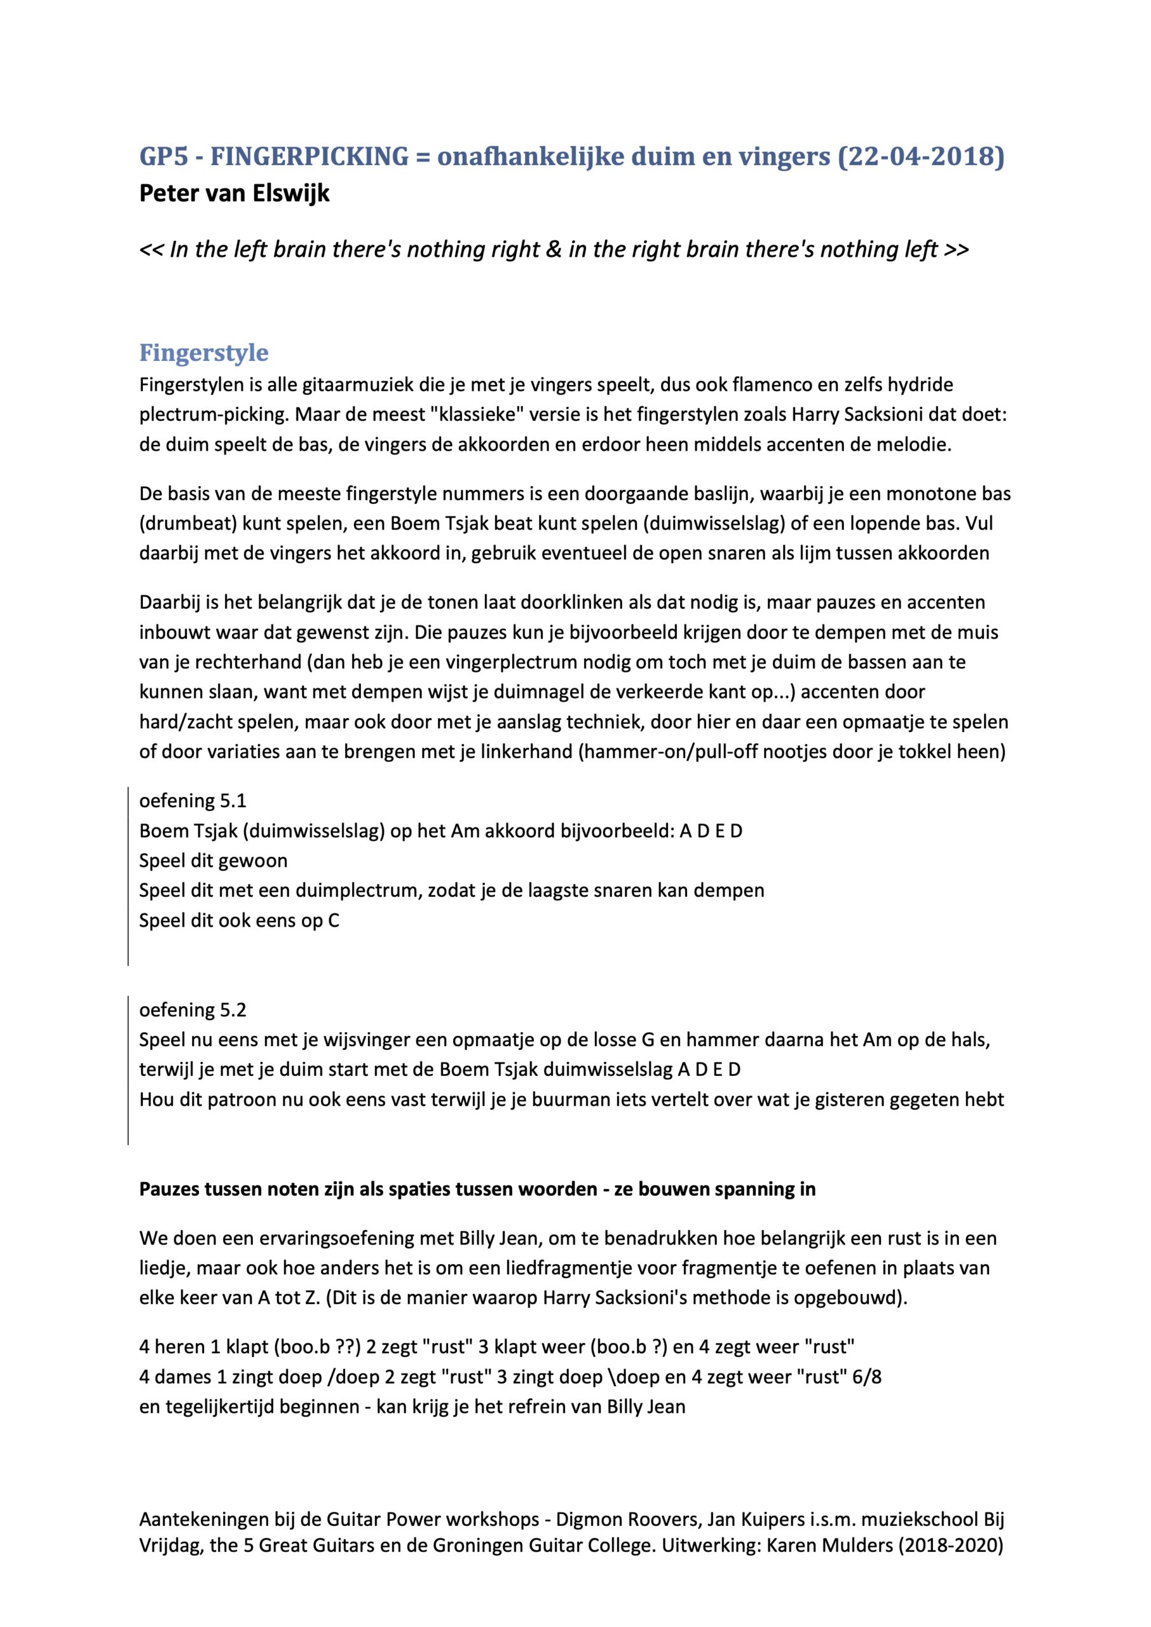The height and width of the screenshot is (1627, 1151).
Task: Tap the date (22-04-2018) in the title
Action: tap(921, 156)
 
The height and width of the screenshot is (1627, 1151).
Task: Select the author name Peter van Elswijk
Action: tap(235, 193)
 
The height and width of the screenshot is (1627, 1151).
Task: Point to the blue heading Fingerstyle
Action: tap(203, 352)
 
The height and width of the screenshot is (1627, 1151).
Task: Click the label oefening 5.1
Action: tap(193, 801)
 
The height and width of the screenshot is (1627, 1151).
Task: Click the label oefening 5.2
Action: tap(193, 1010)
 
